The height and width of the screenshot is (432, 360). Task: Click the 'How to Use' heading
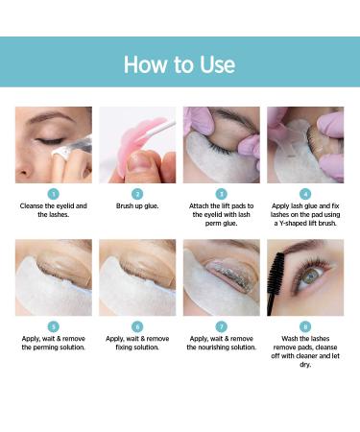[180, 64]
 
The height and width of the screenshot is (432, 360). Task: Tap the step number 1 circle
[54, 194]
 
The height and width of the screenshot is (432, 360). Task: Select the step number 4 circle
[305, 194]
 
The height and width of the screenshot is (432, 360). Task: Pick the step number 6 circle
[137, 326]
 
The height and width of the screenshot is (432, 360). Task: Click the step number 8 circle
[305, 326]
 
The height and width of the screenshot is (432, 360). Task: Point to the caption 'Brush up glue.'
[137, 206]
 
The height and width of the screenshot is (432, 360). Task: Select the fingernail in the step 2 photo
[138, 160]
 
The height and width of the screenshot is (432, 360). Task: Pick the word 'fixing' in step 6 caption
[124, 348]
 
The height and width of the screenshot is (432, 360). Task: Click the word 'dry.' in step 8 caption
[305, 365]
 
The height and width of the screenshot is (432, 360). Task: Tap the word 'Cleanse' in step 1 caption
[32, 206]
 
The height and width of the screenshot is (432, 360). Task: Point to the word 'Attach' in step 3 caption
[199, 206]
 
